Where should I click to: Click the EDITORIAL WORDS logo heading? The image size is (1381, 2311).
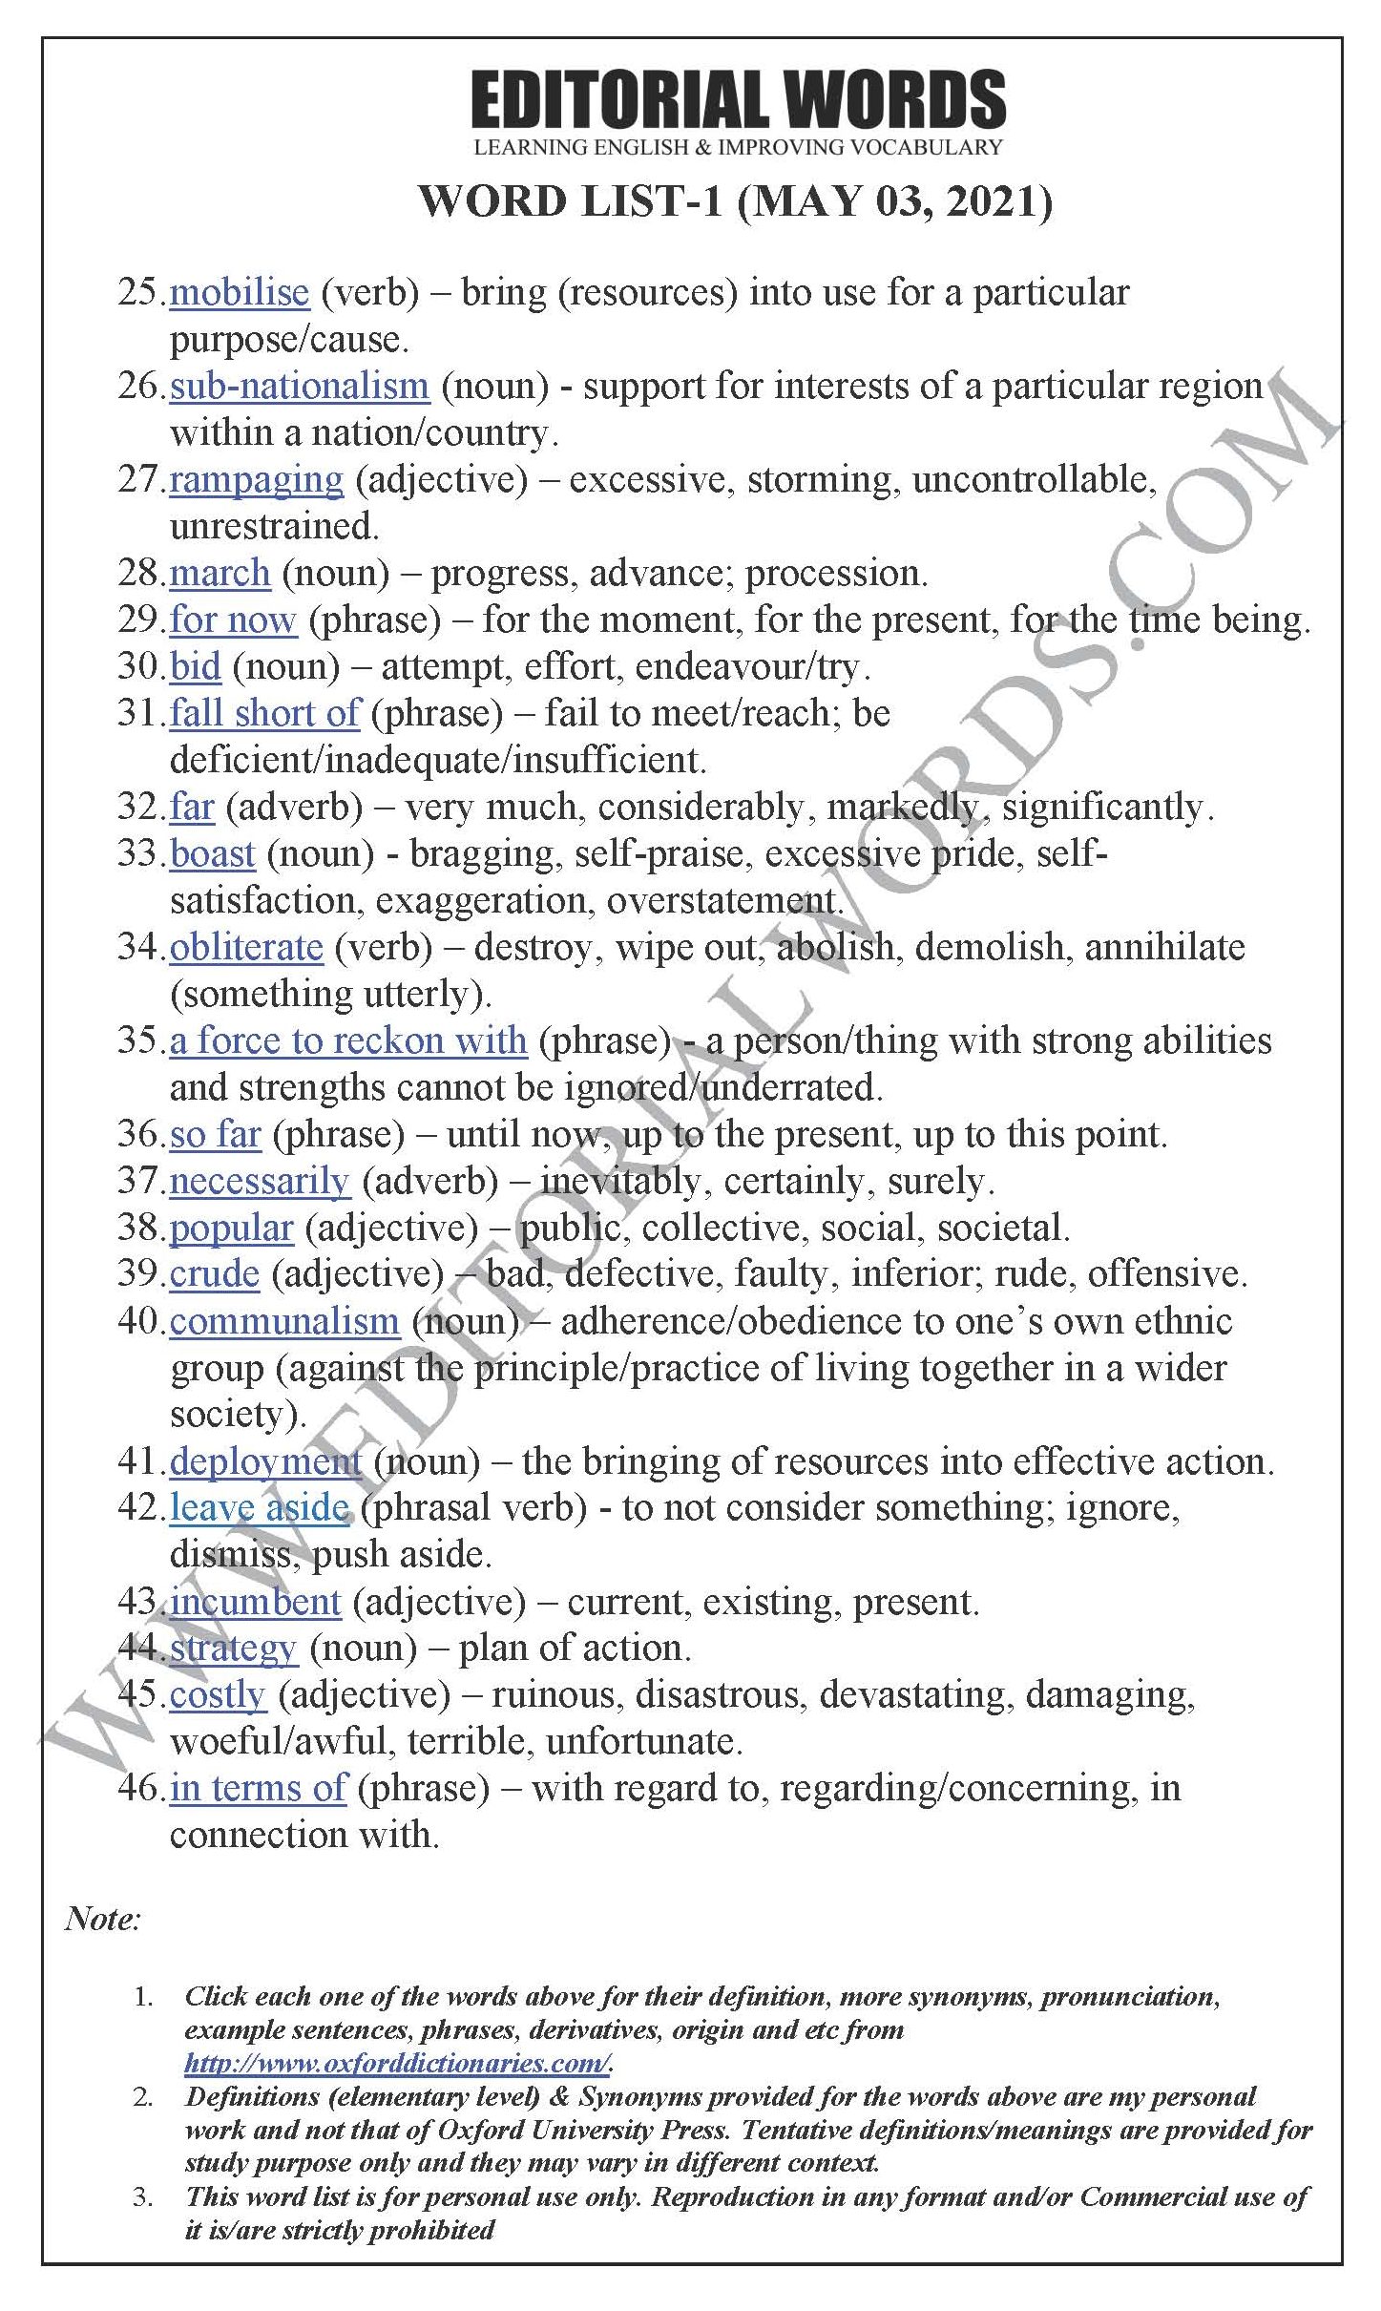point(738,99)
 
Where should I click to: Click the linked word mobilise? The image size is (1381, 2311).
point(240,292)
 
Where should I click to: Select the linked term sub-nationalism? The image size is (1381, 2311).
point(300,386)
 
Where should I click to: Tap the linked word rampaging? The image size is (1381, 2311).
point(256,479)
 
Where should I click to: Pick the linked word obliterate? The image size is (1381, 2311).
point(246,947)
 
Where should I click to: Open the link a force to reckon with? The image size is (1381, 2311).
point(348,1040)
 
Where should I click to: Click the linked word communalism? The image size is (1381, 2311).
point(284,1321)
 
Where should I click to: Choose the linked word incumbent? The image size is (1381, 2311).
point(255,1602)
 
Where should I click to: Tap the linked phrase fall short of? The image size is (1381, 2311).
point(264,713)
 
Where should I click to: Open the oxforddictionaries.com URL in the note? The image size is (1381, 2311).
point(397,2063)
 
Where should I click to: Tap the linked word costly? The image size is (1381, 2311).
point(218,1695)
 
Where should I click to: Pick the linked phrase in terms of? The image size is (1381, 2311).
point(258,1788)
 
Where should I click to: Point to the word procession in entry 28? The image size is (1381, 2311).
point(832,573)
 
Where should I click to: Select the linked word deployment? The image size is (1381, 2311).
point(265,1461)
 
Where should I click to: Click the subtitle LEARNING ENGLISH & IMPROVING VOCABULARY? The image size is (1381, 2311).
point(738,147)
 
